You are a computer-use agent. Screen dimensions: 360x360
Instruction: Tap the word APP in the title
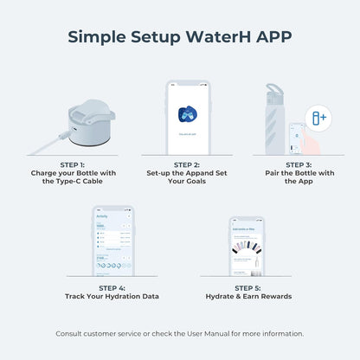coord(272,38)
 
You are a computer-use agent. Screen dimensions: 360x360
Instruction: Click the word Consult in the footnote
coord(70,333)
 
